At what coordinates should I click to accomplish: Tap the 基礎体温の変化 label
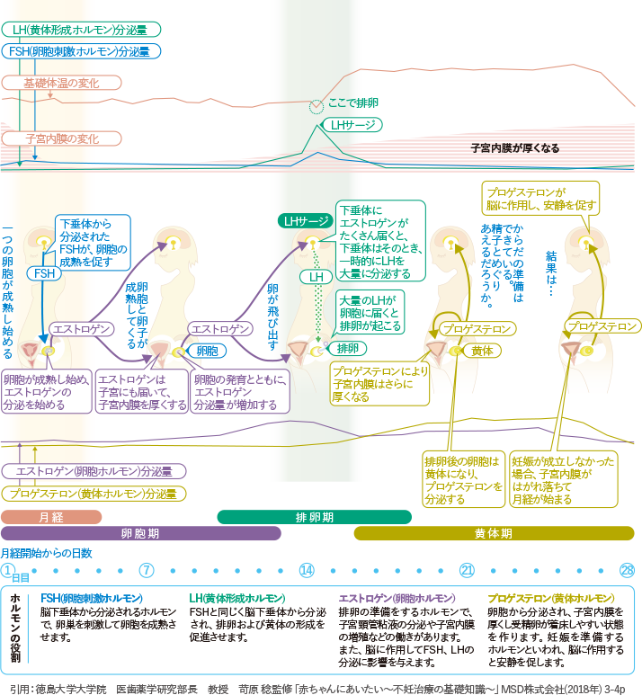point(61,83)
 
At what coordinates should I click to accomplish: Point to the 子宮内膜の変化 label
point(61,139)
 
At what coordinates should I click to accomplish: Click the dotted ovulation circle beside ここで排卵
point(316,107)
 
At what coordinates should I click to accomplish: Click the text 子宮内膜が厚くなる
point(515,147)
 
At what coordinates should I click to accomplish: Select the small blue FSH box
point(44,272)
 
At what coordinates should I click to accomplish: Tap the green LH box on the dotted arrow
point(317,278)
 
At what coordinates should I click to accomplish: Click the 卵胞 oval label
point(207,351)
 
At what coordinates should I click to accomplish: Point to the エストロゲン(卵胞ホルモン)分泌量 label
point(94,471)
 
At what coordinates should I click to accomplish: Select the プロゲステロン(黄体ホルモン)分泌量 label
point(94,493)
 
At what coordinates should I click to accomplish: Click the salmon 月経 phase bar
point(51,517)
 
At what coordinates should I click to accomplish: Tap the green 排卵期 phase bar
point(315,517)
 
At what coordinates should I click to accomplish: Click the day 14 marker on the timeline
point(307,570)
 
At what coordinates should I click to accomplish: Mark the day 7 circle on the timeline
point(147,570)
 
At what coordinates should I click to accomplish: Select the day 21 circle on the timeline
point(467,570)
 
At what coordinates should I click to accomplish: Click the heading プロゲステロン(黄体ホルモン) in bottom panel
point(550,598)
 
